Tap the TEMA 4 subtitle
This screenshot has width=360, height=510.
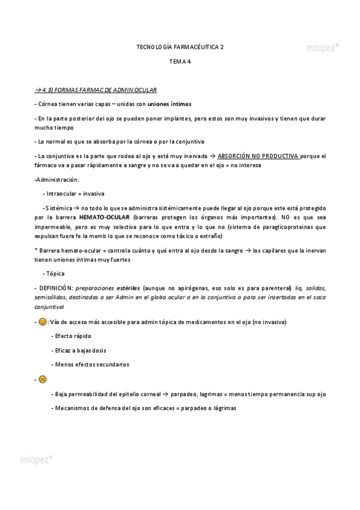point(180,61)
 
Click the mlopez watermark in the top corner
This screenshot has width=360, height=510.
point(323,46)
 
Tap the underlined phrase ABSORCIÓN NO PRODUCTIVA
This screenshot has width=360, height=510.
point(258,156)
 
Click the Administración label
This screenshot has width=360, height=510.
point(58,180)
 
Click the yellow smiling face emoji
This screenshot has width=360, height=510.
point(42,322)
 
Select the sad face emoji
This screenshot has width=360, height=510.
point(42,379)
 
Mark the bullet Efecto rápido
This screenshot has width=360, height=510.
point(73,336)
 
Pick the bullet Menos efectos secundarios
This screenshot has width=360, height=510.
point(91,364)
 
